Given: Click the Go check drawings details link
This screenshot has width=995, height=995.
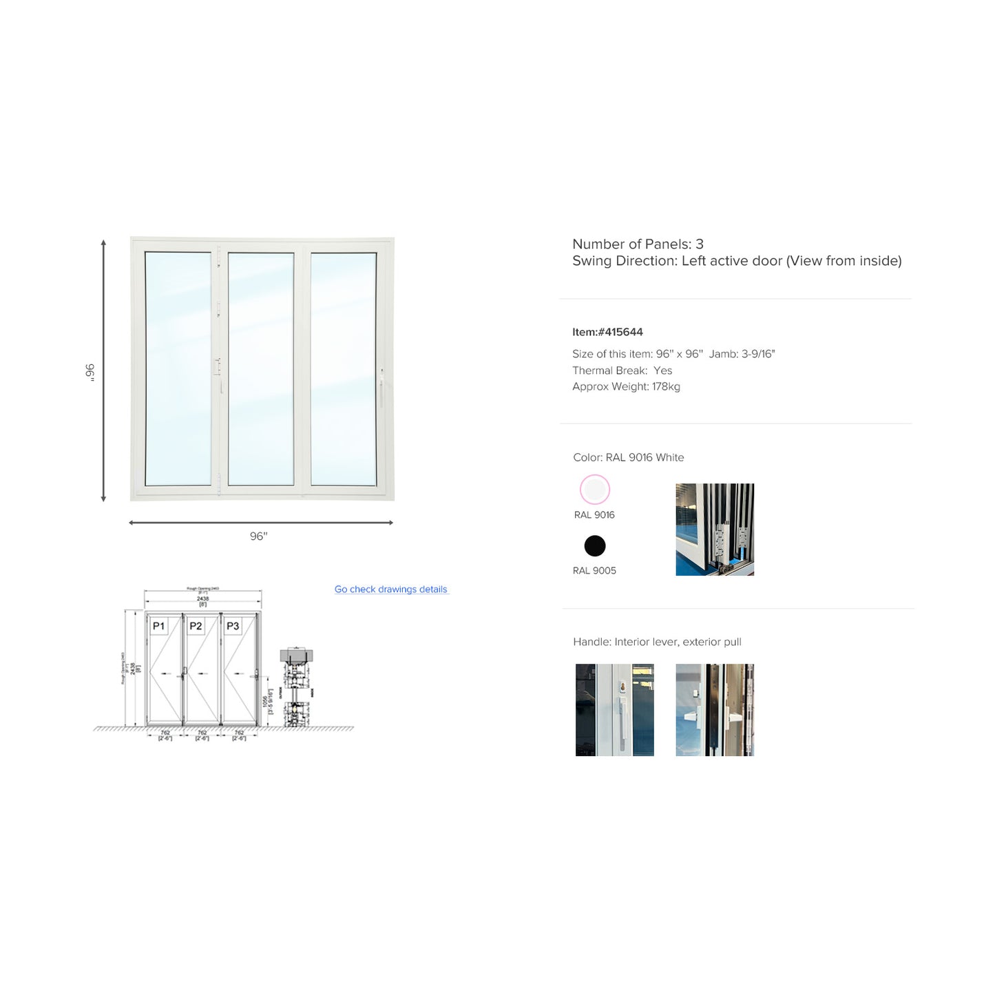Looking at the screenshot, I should pos(390,589).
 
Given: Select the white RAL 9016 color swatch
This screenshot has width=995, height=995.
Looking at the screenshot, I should pos(594,490).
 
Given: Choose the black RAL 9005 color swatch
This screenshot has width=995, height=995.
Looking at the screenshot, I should pos(594,546).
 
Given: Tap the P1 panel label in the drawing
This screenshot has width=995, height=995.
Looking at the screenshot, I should pos(158,626).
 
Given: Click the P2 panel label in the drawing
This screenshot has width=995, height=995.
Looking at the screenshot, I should pos(196,626).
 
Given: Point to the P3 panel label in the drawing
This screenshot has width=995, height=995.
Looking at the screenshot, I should pos(233,626).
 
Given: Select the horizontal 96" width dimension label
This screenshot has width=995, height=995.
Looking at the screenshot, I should pos(258,536).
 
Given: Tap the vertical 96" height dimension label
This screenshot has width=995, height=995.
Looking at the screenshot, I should pos(90,372).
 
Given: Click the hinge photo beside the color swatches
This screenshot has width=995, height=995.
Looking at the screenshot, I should pos(715,530).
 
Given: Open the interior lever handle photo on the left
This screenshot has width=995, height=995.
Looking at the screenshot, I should pos(614,710).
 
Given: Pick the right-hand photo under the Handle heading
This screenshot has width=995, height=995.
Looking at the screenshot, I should pos(715,710).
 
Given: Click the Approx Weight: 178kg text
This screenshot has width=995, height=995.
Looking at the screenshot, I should pos(626,387).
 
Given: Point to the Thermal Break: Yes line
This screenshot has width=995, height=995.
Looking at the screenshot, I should pos(622,370).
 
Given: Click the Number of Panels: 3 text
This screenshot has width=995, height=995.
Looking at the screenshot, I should pos(638,244).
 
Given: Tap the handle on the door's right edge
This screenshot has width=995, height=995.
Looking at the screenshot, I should pos(381,388).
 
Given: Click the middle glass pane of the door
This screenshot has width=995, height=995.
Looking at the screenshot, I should pos(261,368).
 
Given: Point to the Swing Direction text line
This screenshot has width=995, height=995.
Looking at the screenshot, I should pos(737,261).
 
